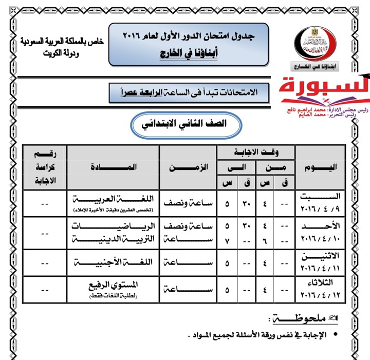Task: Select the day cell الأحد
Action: (319, 226)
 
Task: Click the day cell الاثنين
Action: (319, 256)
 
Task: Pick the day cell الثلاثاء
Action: (319, 282)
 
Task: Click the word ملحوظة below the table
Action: (300, 319)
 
